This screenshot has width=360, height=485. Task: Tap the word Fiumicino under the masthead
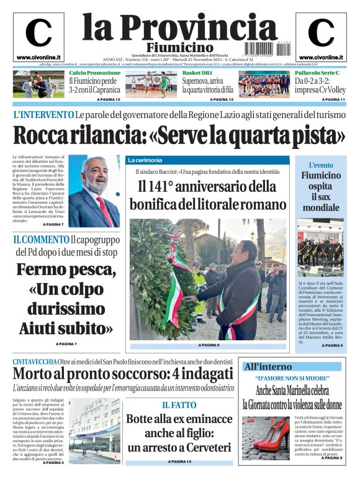point(180,48)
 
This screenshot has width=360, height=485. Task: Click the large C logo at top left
point(38,33)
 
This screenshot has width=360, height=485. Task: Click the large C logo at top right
point(321,33)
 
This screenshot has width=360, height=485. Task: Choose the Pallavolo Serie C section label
point(318,73)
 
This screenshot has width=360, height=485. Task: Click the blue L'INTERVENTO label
point(43,115)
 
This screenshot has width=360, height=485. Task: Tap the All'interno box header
point(268,366)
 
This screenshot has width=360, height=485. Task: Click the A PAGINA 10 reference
point(179,462)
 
